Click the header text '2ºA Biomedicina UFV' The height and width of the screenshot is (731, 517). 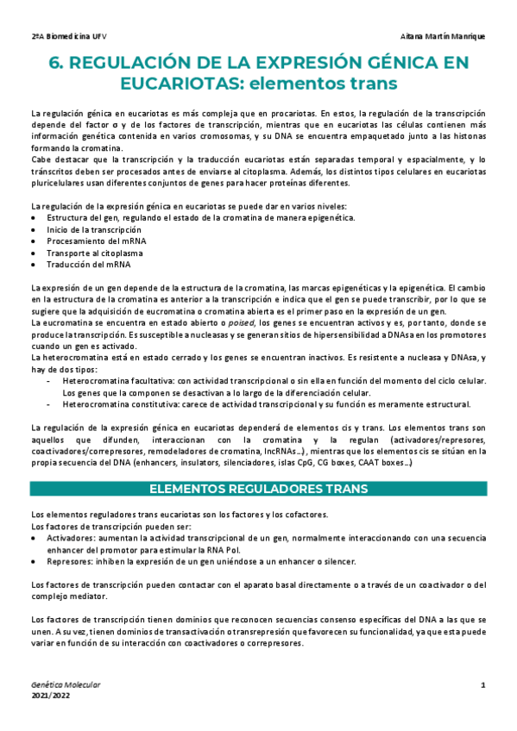click(x=68, y=37)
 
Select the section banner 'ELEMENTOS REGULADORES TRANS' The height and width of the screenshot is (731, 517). click(x=259, y=489)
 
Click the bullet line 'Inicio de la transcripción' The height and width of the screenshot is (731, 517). click(x=94, y=230)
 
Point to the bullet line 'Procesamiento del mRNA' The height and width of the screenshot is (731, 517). click(x=96, y=241)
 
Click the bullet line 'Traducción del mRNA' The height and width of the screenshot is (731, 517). click(x=89, y=266)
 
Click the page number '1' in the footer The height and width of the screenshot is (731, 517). click(x=483, y=684)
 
